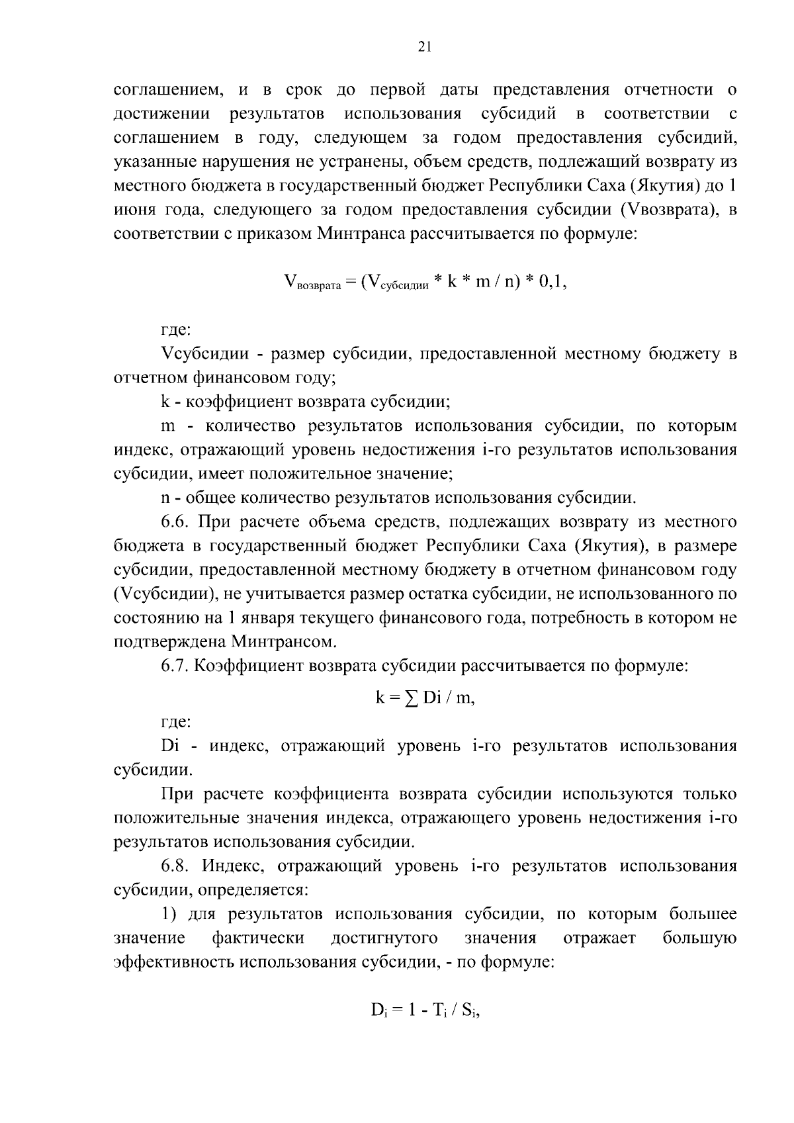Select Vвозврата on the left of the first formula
coord(311,283)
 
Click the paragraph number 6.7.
coord(176,666)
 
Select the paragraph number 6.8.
coord(176,866)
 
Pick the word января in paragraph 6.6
coord(269,618)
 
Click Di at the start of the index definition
coord(170,746)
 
